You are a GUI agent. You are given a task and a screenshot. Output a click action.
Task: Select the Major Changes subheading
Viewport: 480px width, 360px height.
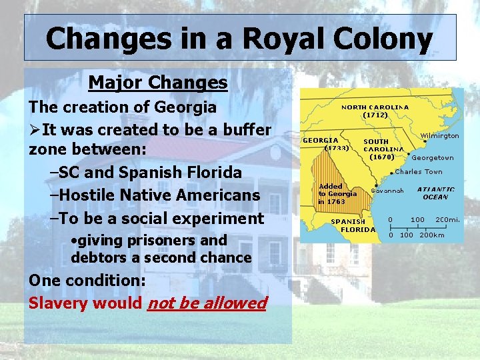coord(158,83)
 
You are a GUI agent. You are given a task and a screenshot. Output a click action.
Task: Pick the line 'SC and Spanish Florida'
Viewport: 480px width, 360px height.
coord(145,172)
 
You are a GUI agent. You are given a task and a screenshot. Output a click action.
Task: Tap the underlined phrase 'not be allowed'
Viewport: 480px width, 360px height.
coord(207,303)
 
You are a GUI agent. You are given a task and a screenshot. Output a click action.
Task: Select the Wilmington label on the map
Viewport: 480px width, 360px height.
coord(439,135)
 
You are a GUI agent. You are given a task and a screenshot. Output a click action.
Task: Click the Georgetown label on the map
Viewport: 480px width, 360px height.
coord(433,158)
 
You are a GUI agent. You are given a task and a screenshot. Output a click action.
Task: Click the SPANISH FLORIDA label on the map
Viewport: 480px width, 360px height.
coord(353,225)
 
